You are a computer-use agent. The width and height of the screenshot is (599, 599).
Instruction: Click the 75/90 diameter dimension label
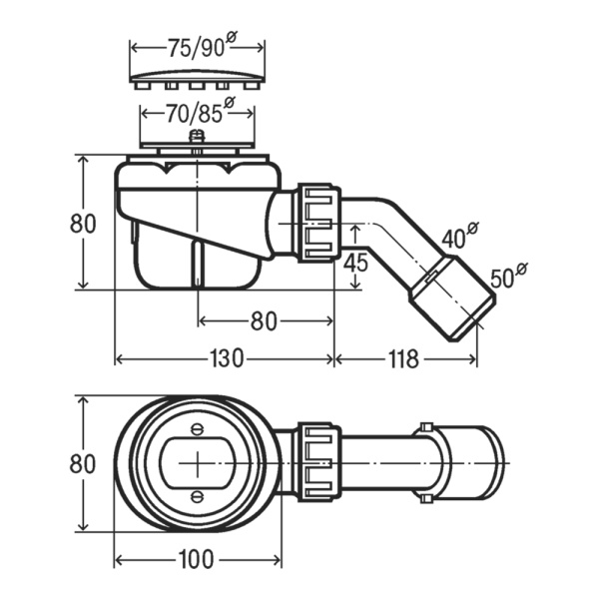pos(198,46)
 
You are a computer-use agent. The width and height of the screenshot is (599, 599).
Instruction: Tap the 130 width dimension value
pos(228,358)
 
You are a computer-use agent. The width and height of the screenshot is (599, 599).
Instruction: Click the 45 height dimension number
pos(356,264)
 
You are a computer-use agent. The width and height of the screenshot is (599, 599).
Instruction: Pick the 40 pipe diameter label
pos(454,237)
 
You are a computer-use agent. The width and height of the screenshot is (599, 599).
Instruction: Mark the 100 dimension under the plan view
pos(199,559)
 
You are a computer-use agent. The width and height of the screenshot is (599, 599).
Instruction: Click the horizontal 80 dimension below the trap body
pos(263,321)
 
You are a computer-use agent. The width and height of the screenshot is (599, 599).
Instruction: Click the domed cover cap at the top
pos(198,75)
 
